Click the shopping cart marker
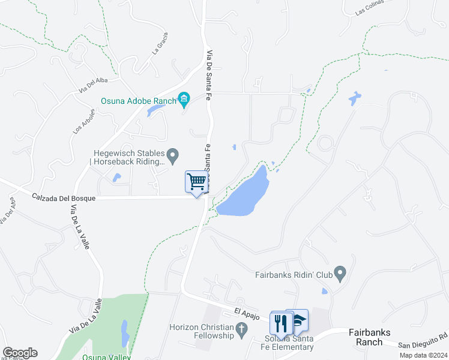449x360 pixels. pos(196,181)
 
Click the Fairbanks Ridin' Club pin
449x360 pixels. pos(340,274)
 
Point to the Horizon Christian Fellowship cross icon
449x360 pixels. pos(241,328)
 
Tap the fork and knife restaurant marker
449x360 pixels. pos(280,323)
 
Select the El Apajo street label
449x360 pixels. pos(246,314)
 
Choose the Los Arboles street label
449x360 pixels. pos(85,122)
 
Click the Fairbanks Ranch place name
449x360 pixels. pos(366,337)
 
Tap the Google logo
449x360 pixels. pos(20,353)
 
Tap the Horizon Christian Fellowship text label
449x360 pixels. pos(201,331)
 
